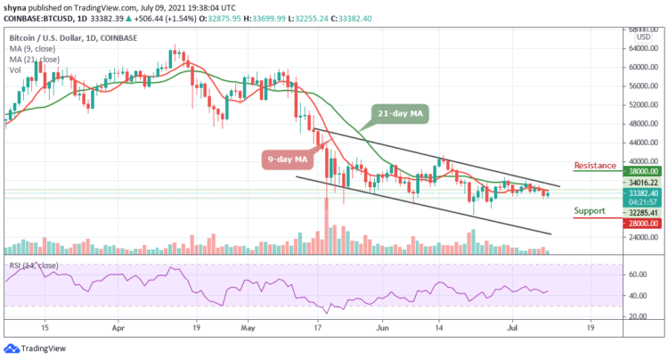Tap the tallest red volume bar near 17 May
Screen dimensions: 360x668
click(x=327, y=223)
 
